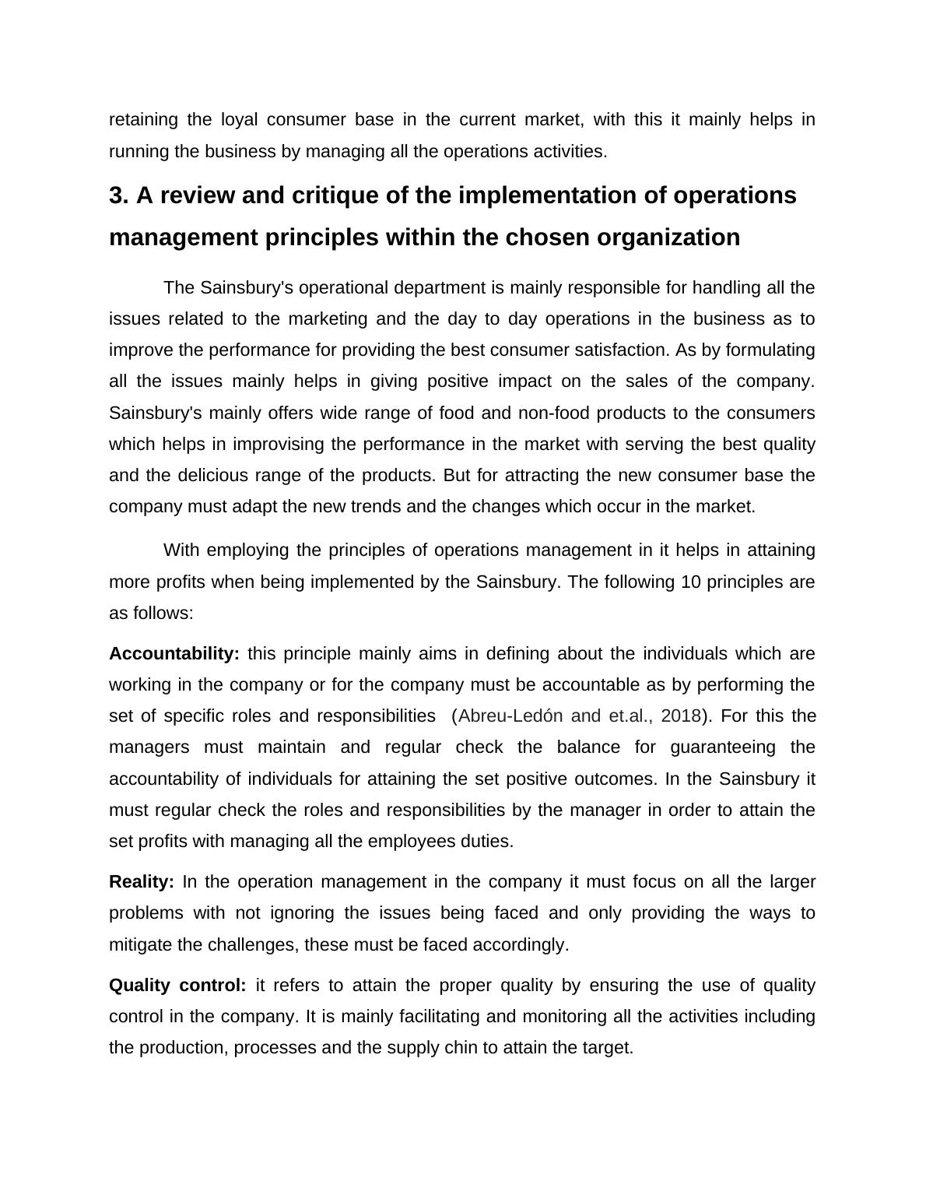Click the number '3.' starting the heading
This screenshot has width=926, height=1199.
pyautogui.click(x=118, y=195)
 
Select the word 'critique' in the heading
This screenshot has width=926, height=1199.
pyautogui.click(x=334, y=195)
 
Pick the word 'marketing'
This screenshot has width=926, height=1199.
pyautogui.click(x=328, y=319)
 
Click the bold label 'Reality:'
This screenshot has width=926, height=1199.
pyautogui.click(x=142, y=882)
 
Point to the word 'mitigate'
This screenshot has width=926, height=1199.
pyautogui.click(x=141, y=945)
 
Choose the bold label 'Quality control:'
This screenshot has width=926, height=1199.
pyautogui.click(x=177, y=986)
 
